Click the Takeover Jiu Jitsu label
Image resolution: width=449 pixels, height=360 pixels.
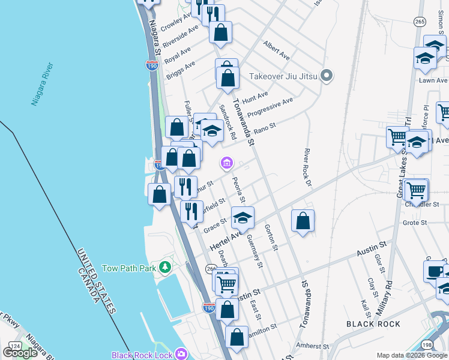(283, 76)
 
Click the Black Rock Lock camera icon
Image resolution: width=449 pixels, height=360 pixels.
(181, 355)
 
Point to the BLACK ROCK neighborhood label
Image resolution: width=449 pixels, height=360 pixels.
(373, 324)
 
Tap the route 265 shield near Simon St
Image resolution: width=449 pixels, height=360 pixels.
(420, 22)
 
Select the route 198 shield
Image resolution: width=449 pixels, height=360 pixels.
(427, 345)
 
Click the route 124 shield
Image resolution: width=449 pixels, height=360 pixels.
(14, 347)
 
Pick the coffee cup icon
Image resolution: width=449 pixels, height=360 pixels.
(434, 271)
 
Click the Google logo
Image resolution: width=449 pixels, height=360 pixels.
(20, 352)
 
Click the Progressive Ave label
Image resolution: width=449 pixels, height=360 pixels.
(270, 107)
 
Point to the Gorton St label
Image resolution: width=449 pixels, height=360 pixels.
(271, 238)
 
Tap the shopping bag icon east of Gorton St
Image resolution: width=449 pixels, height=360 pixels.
(303, 220)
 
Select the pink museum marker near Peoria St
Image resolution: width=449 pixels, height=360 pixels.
(227, 162)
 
